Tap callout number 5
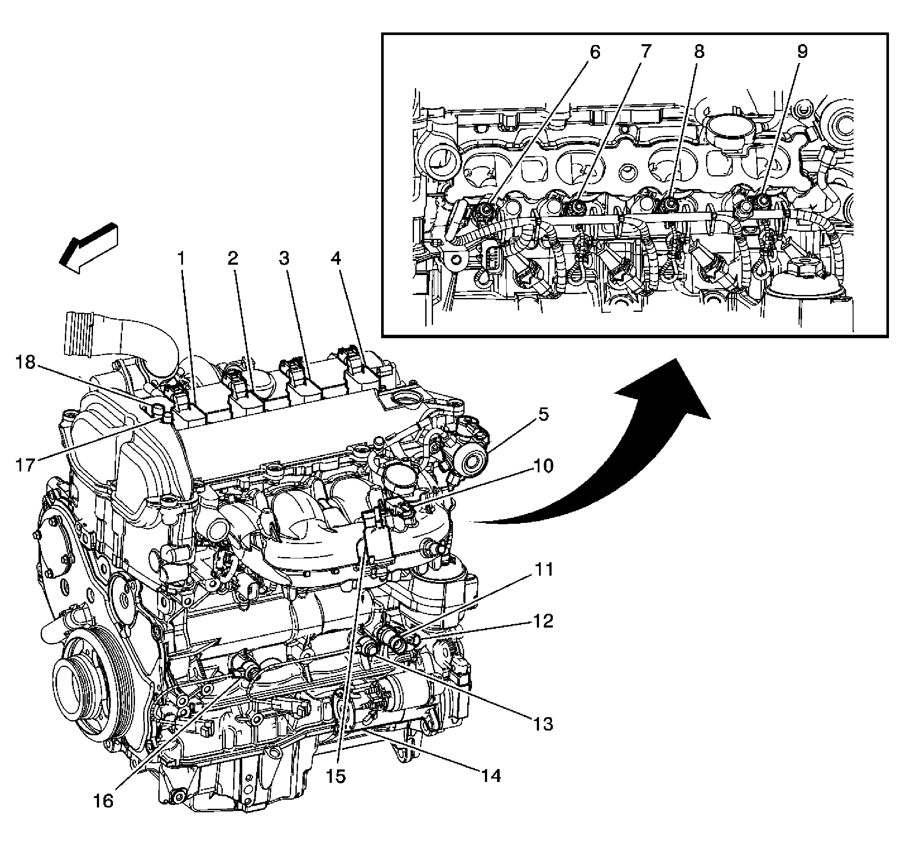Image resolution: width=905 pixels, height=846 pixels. [x=543, y=415]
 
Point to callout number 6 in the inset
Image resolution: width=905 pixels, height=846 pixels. [x=595, y=52]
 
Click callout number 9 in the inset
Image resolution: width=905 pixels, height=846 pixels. [x=802, y=51]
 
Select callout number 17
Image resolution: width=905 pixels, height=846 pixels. [x=26, y=465]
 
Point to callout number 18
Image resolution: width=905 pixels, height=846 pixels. [x=26, y=363]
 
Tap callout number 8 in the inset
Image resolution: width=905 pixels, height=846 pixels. [x=698, y=51]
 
